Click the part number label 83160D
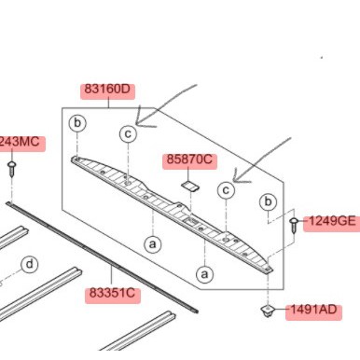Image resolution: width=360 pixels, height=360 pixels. [x=107, y=91]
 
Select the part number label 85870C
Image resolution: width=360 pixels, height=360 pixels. [x=190, y=160]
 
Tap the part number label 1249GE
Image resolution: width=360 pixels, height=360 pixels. [x=332, y=221]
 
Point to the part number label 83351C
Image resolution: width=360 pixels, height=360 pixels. [x=113, y=293]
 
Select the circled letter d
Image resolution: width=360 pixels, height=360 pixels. [x=30, y=265]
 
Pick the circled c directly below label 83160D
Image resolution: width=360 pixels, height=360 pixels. [x=127, y=134]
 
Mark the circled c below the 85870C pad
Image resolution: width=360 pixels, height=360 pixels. [x=225, y=190]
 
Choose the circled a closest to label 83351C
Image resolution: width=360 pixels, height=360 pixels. [x=150, y=242]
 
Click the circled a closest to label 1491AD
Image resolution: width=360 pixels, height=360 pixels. [x=204, y=273]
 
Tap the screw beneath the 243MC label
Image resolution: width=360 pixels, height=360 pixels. [x=13, y=170]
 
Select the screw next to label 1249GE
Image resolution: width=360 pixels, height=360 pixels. [x=294, y=224]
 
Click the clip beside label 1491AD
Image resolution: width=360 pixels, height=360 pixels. [x=266, y=311]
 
